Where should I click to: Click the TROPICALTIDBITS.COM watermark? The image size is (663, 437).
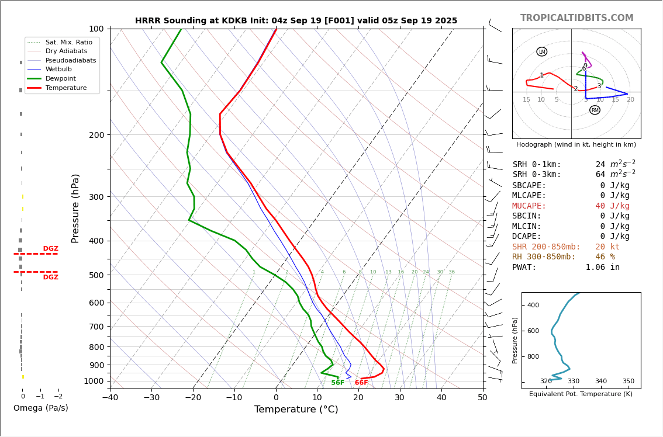coord(576,18)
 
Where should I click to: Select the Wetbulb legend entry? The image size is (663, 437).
coord(58,69)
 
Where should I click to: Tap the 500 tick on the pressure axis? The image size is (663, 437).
coord(96,275)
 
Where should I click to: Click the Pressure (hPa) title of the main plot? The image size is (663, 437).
coord(75,208)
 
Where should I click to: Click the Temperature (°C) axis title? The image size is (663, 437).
coord(296,410)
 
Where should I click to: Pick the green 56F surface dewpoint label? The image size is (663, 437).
coord(337,383)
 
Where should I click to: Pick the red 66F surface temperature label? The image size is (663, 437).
coord(361,383)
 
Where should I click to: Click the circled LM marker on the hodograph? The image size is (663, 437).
coord(541,52)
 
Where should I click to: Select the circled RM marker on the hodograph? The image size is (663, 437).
coord(595,110)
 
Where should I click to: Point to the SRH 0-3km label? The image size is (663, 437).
coord(536,175)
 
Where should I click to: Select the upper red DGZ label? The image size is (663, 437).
coord(50,249)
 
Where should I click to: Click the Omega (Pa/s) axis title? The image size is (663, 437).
coord(41,408)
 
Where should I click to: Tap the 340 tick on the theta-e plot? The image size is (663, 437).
coord(600,381)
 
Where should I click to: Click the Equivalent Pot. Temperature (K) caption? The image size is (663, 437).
coord(581,394)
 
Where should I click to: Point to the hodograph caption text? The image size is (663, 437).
coord(576,145)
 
